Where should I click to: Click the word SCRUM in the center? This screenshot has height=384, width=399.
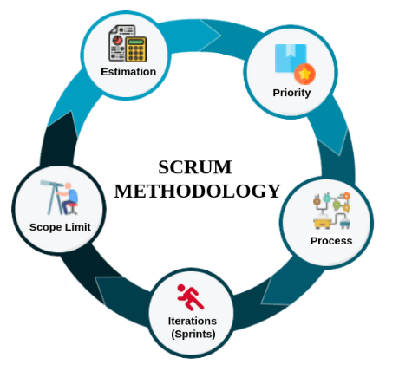click(195, 167)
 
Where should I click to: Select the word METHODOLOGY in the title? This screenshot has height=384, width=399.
click(198, 192)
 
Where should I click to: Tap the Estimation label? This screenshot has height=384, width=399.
click(128, 72)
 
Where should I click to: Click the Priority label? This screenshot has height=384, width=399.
click(291, 93)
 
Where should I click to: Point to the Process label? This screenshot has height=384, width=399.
click(331, 241)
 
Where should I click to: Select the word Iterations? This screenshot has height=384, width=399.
click(193, 321)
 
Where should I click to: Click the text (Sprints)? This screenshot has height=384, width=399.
click(193, 335)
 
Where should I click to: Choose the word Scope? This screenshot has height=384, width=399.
click(45, 227)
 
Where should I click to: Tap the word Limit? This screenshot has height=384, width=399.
click(77, 227)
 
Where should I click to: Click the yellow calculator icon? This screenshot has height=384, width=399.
click(136, 49)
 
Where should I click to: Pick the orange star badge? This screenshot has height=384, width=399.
click(304, 75)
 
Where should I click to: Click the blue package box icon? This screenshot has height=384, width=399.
click(291, 58)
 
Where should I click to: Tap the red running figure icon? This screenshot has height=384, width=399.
click(191, 297)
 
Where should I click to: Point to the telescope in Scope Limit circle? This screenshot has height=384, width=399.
click(53, 198)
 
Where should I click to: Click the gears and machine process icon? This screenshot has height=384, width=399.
click(332, 211)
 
